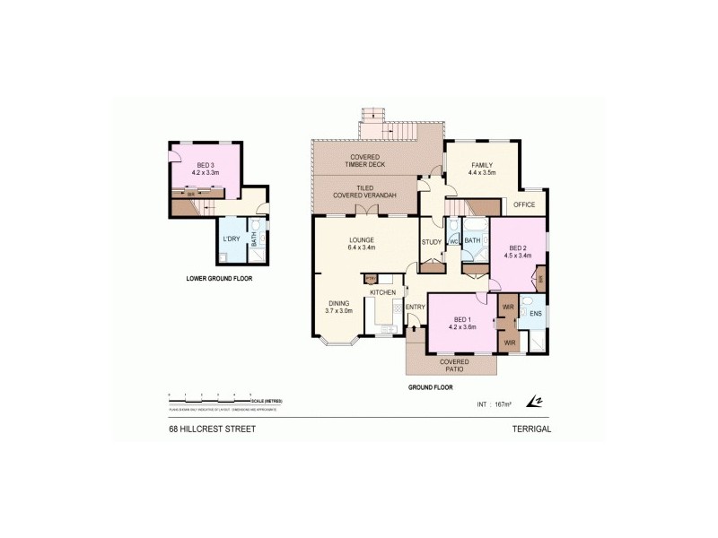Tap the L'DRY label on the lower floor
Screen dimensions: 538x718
tap(231, 239)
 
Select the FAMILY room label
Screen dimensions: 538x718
tap(483, 165)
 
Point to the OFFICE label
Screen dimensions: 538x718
tap(524, 204)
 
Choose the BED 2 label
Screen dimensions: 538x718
tap(519, 247)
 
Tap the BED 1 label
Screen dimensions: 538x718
tap(463, 320)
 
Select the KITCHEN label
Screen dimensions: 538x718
tap(382, 293)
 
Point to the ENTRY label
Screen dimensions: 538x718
tap(415, 308)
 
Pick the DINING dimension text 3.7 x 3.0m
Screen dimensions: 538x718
tap(338, 310)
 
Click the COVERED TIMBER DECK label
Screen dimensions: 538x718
tap(363, 161)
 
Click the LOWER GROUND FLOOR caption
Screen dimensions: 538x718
tap(219, 279)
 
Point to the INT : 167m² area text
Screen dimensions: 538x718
tap(493, 404)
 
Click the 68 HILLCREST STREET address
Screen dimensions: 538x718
tap(213, 429)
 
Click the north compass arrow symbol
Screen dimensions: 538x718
tap(536, 401)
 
